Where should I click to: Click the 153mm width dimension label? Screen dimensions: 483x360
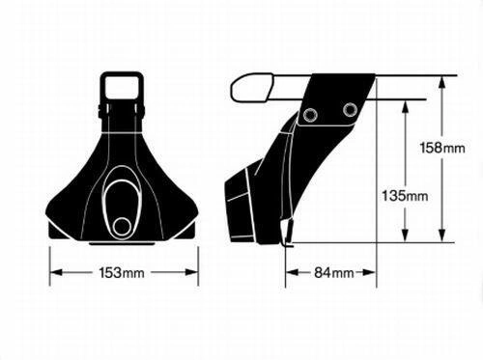pos(122,273)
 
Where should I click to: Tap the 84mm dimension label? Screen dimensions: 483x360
pos(334,273)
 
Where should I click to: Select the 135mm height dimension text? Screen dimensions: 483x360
pos(405,196)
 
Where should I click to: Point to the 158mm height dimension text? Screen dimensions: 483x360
pos(442,148)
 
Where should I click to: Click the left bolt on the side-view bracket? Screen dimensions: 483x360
pos(310,115)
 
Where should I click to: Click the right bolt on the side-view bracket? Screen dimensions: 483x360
pos(350,110)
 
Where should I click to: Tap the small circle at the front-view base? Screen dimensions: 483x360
pos(122,226)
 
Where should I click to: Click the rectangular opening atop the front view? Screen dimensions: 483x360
pos(122,86)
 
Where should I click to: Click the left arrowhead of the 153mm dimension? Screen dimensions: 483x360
pos(56,273)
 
